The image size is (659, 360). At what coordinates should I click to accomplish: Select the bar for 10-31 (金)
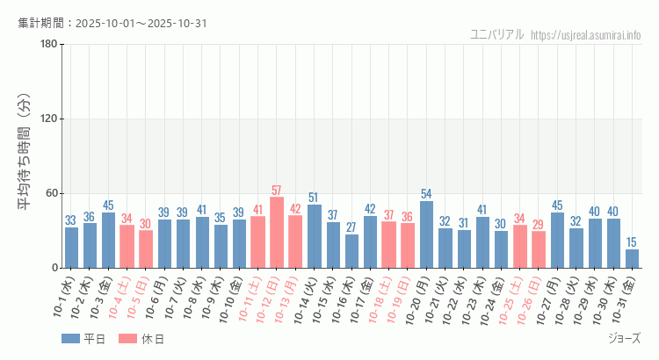click(632, 258)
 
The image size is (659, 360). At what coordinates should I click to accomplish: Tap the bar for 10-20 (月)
click(426, 234)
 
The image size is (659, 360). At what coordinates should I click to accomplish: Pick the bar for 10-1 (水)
click(71, 248)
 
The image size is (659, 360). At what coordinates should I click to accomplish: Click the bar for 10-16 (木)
click(351, 251)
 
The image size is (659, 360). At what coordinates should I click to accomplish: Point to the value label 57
click(277, 191)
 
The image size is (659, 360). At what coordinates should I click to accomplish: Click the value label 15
click(632, 242)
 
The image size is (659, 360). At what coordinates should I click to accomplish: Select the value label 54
click(426, 194)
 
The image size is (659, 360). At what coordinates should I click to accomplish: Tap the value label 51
click(314, 198)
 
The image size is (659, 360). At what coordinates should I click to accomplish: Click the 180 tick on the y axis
click(48, 45)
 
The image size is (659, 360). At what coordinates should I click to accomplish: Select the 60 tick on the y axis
click(51, 194)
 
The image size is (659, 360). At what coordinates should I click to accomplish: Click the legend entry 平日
click(83, 339)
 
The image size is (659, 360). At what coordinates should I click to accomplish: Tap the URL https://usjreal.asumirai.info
click(586, 35)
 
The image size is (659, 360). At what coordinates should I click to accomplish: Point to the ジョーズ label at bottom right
click(624, 339)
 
